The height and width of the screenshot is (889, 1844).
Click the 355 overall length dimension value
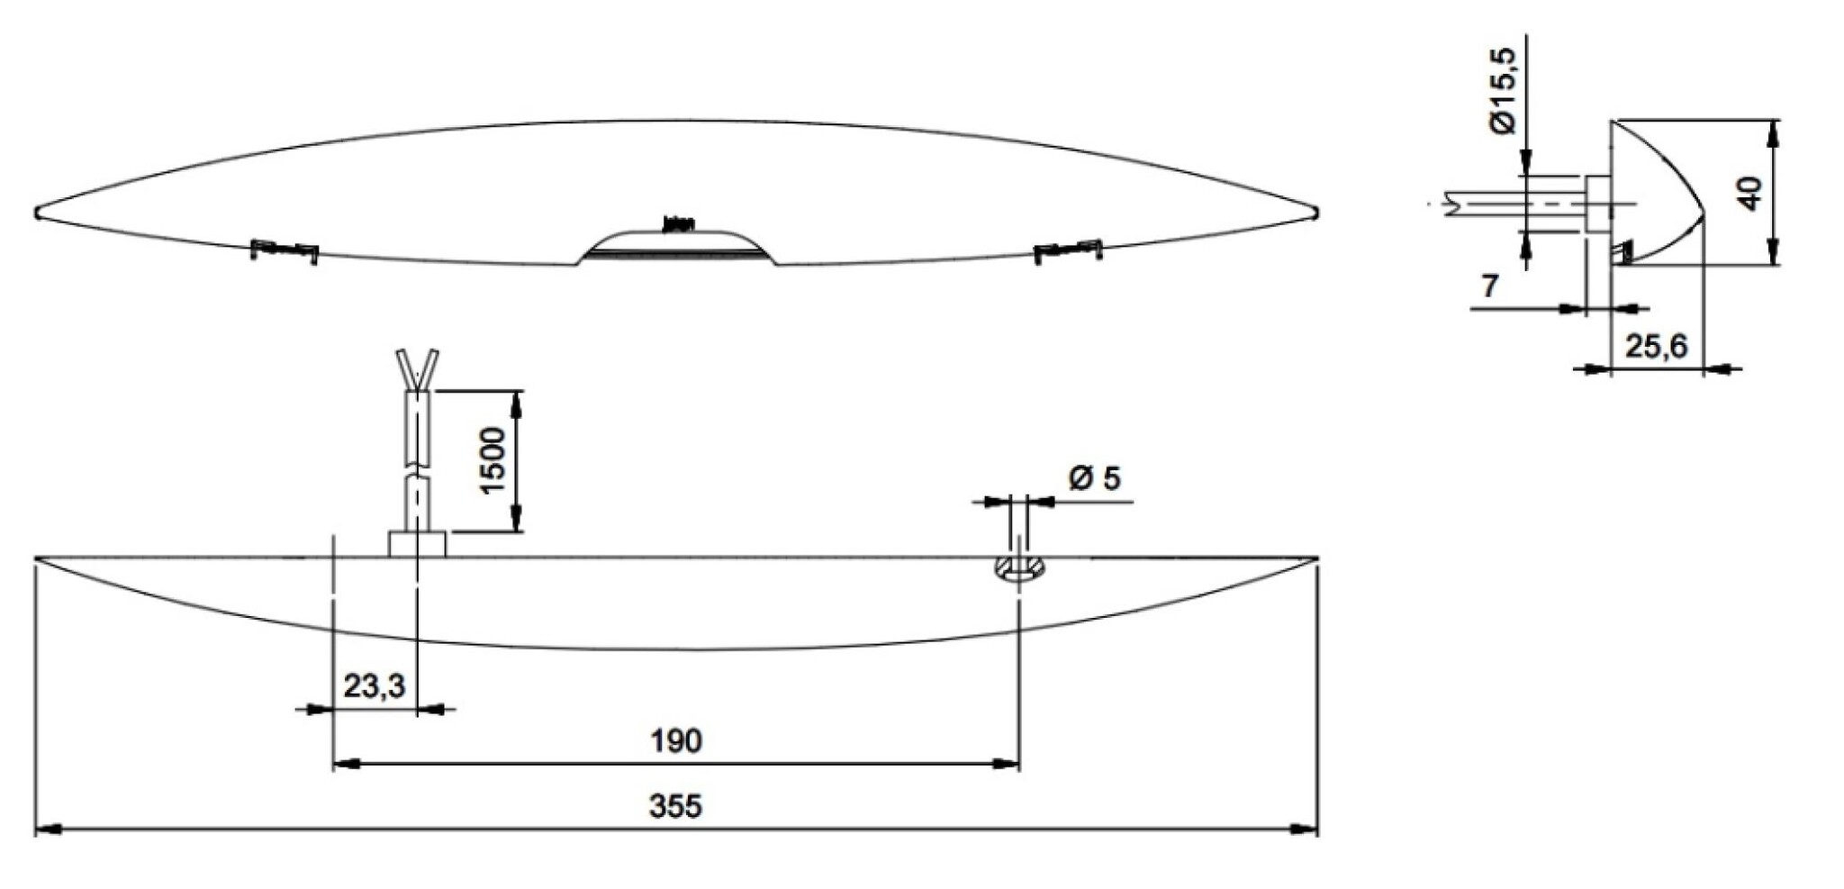(x=674, y=806)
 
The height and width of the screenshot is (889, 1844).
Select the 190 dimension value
(x=675, y=741)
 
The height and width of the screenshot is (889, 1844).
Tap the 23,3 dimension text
(x=374, y=686)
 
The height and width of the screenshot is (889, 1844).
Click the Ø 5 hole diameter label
(x=1095, y=478)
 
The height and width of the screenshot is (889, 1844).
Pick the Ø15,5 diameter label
(x=1503, y=90)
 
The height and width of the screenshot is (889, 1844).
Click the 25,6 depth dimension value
(x=1656, y=346)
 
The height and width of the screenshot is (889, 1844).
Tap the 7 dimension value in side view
(x=1489, y=286)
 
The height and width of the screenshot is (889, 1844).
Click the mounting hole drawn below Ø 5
(x=1018, y=568)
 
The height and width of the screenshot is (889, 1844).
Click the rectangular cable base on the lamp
(x=417, y=544)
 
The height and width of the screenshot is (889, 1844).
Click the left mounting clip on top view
(x=284, y=249)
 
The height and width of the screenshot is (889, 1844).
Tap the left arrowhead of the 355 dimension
(x=47, y=829)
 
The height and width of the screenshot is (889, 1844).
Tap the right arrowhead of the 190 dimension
(x=1007, y=764)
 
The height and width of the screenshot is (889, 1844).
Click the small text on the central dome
(x=678, y=224)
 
